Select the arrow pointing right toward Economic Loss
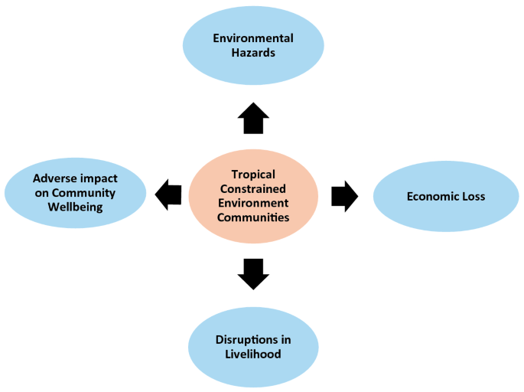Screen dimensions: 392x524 coord(344,196)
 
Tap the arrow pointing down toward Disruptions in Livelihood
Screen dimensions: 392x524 coord(253,273)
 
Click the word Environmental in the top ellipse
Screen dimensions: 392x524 coord(253,38)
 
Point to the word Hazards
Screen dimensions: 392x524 coord(253,53)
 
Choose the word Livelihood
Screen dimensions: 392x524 coord(253,354)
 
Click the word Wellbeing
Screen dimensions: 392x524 coord(75,207)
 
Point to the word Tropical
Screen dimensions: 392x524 coord(253,175)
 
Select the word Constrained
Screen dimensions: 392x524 coord(253,188)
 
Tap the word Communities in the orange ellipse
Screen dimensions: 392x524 coord(253,217)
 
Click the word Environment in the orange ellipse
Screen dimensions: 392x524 coord(253,203)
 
